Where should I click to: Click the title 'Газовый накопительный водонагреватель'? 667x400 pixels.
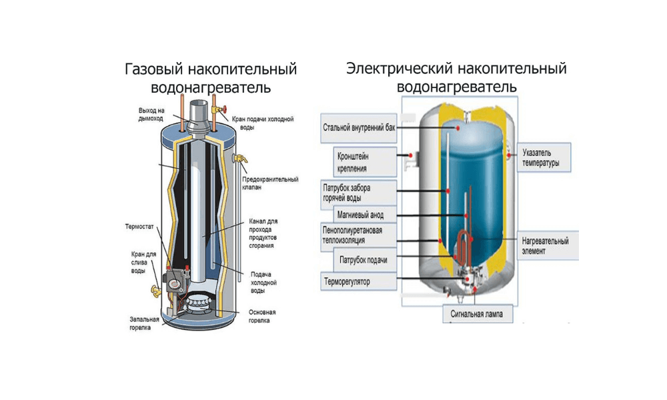click(211, 79)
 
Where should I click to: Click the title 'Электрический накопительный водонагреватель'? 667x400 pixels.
click(456, 77)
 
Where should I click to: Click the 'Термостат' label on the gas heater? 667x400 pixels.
click(139, 227)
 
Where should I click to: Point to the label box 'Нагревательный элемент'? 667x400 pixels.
click(545, 246)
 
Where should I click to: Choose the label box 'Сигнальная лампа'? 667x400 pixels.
click(476, 313)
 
